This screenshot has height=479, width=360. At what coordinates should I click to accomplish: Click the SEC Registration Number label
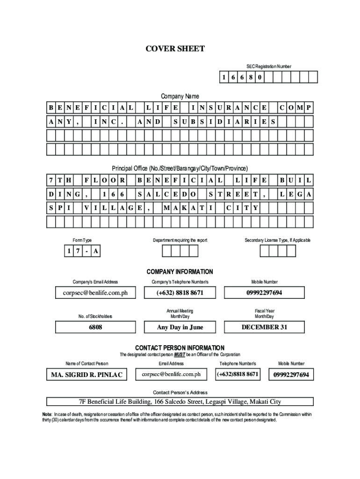269,66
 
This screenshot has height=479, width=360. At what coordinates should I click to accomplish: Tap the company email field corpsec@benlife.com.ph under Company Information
95,293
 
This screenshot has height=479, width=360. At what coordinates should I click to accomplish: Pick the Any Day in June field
180,327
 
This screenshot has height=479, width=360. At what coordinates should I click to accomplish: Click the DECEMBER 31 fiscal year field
264,327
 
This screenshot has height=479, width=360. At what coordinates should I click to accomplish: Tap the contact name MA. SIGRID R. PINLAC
86,375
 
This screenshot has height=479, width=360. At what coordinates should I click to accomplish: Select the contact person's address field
180,402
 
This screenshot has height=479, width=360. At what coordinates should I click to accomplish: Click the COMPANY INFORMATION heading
180,272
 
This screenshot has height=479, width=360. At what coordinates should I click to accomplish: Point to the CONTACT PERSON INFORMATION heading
180,348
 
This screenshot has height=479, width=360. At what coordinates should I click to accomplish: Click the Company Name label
180,96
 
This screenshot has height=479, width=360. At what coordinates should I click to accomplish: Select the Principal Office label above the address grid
180,168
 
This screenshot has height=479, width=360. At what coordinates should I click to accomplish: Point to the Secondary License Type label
277,240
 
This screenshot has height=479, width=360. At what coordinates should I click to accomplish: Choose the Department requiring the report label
180,240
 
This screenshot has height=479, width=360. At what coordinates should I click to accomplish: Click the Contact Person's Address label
180,392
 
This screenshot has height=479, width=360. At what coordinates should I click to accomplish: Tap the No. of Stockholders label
95,317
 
